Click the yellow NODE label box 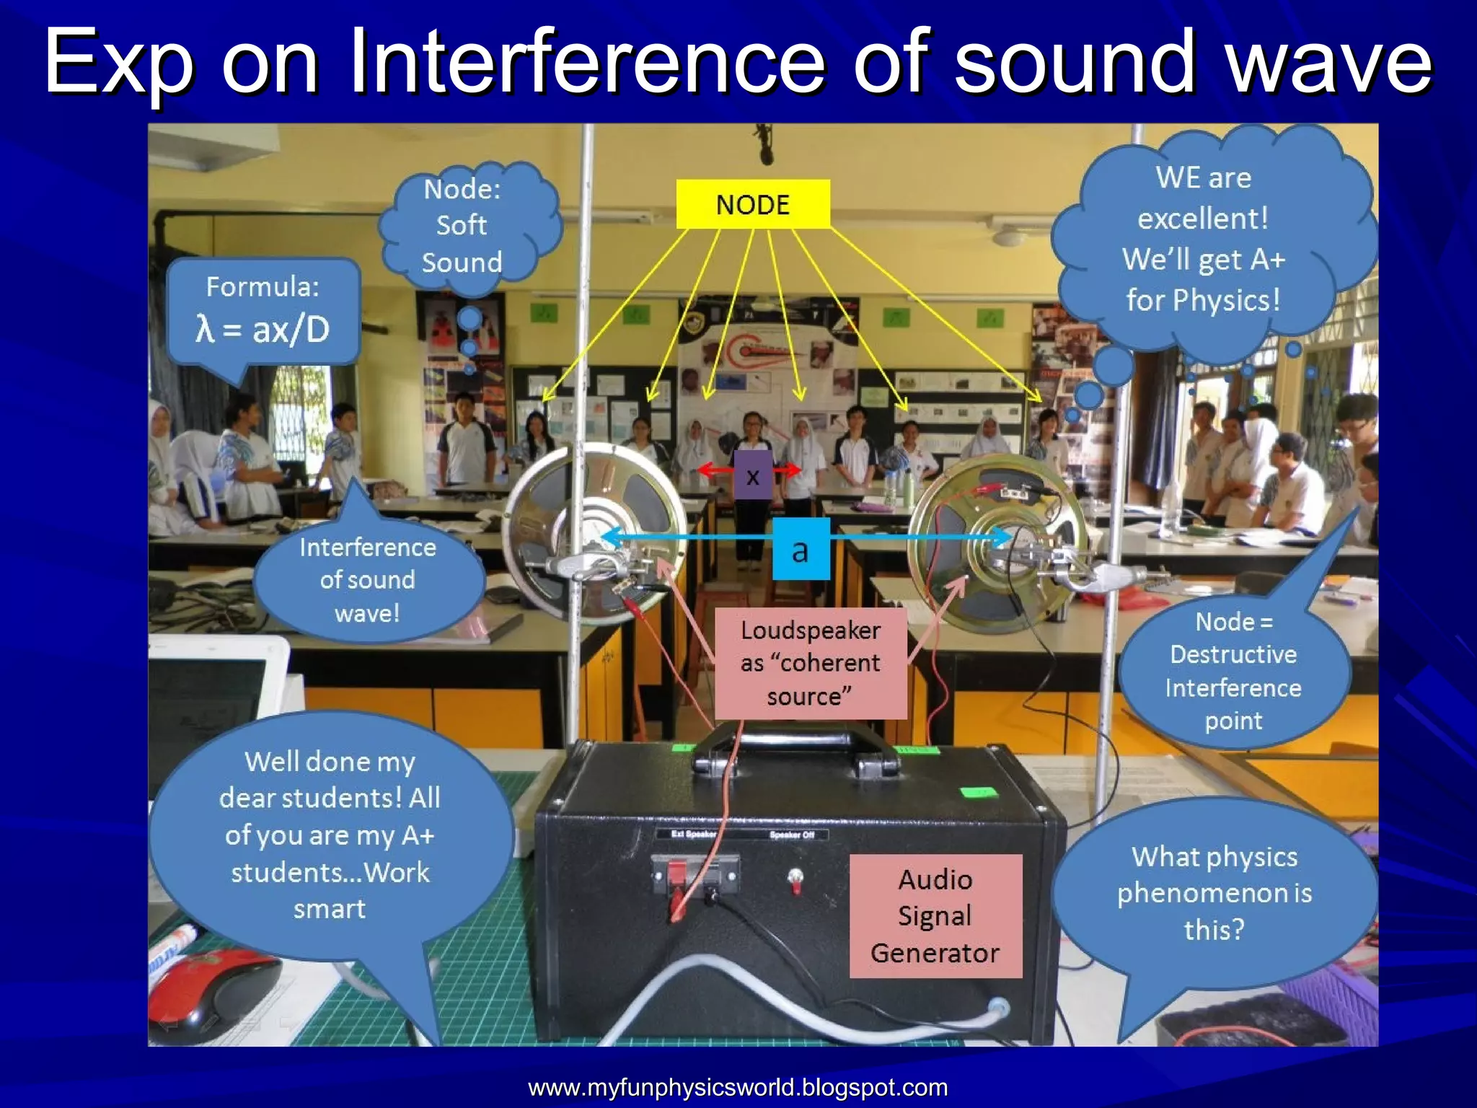pos(753,204)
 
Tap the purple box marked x pos(753,476)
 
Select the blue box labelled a pos(801,550)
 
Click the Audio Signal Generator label pos(935,916)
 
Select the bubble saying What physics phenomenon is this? pos(1214,893)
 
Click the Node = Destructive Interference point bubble pos(1233,671)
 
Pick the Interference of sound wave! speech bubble pos(368,580)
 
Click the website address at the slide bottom pos(738,1087)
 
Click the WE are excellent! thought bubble pos(1203,238)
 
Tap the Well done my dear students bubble pos(330,834)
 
